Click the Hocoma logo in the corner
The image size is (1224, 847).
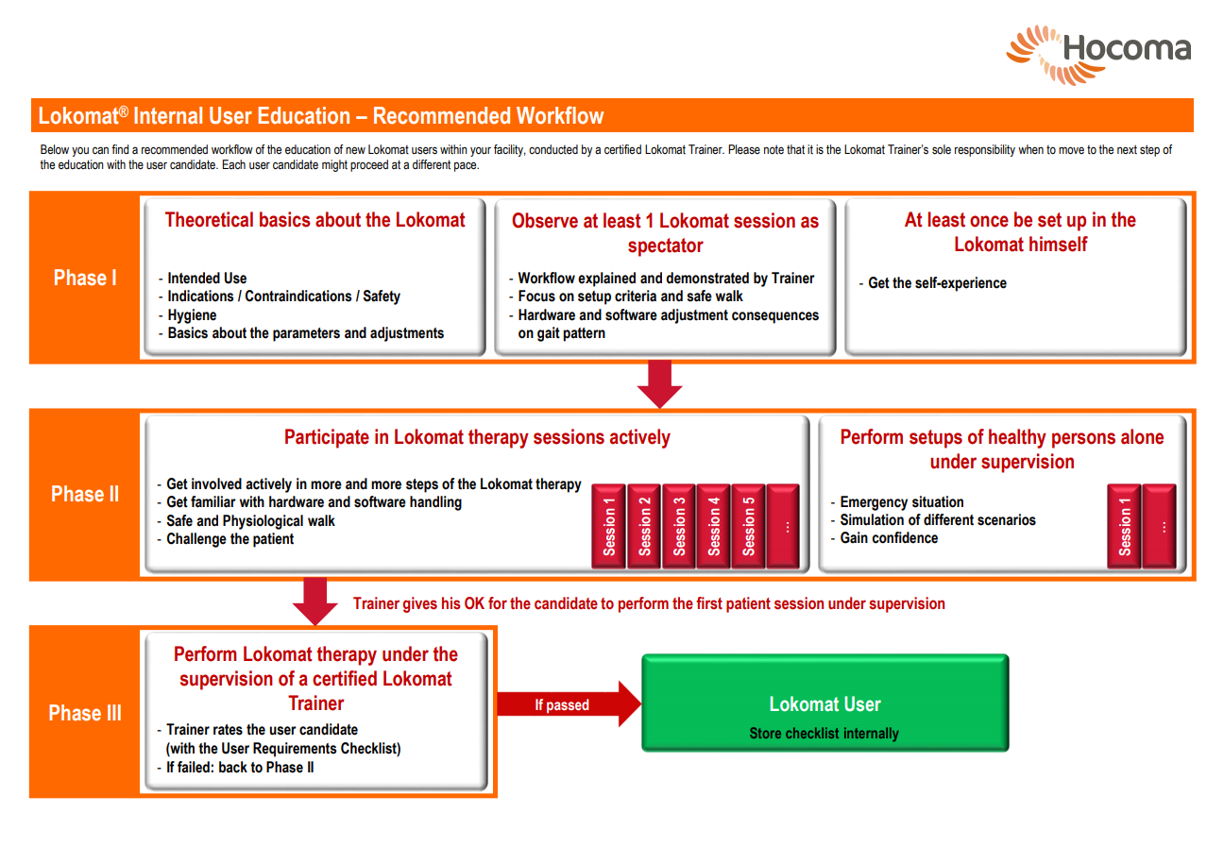pyautogui.click(x=1098, y=55)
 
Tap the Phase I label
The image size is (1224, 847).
pyautogui.click(x=85, y=278)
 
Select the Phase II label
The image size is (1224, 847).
pyautogui.click(x=85, y=494)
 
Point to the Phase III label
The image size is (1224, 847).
pyautogui.click(x=85, y=713)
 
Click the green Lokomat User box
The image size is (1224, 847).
pyautogui.click(x=825, y=703)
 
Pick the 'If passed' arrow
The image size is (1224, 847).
pyautogui.click(x=569, y=703)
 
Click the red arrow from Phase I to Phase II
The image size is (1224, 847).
pyautogui.click(x=659, y=383)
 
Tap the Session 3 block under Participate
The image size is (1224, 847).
pyautogui.click(x=679, y=526)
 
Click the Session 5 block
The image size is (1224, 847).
pyautogui.click(x=748, y=526)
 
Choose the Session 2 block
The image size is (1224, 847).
pyautogui.click(x=644, y=526)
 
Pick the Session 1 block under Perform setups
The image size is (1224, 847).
pyautogui.click(x=1124, y=526)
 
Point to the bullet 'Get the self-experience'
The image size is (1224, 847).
pyautogui.click(x=933, y=283)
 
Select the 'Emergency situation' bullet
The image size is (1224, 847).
pyautogui.click(x=897, y=501)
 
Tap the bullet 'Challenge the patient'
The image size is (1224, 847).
pyautogui.click(x=226, y=539)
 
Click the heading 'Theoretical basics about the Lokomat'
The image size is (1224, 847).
pyautogui.click(x=314, y=220)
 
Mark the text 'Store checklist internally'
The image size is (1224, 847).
pyautogui.click(x=824, y=734)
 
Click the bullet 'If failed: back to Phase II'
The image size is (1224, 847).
pyautogui.click(x=235, y=768)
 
